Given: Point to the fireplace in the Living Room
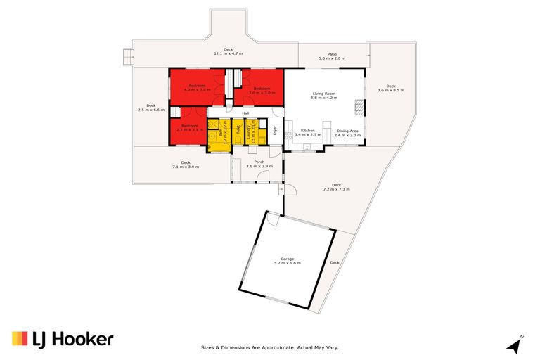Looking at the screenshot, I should click(359, 107).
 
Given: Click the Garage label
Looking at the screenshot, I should click(287, 261).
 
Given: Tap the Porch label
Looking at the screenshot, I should click(259, 164).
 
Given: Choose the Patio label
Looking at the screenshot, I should click(332, 56).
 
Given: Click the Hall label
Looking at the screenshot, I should click(245, 112).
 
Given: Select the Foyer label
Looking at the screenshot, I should click(275, 130).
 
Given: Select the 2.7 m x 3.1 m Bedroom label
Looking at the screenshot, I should click(189, 128).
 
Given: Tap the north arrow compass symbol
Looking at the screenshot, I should click(514, 345).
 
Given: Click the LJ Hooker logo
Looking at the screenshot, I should click(63, 340).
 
